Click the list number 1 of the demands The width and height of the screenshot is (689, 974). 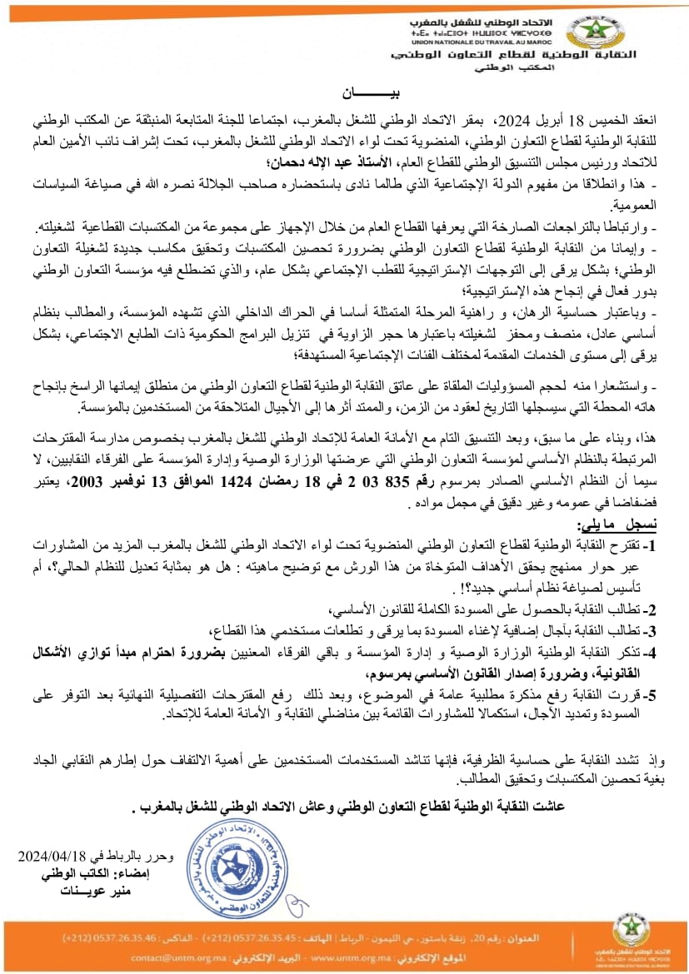[652, 545]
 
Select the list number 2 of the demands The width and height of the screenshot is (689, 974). [652, 609]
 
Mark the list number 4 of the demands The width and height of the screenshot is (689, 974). [652, 652]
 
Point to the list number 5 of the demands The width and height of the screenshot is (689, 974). [652, 693]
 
